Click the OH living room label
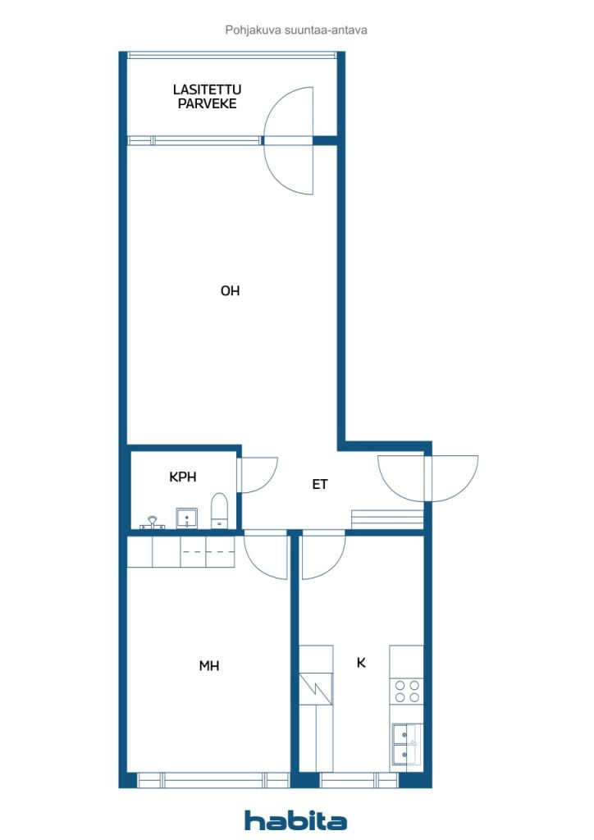230,291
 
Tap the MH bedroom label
209,666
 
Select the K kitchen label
361,663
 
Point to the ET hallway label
320,484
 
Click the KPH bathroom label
183,477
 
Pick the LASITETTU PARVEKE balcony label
208,97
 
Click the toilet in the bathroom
219,511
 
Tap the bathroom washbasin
186,518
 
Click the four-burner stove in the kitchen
407,691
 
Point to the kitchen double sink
406,745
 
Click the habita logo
295,820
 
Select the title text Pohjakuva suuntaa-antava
296,30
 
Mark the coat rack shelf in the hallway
387,519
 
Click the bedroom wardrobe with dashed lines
181,552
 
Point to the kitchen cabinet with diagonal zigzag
316,688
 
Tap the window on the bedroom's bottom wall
213,780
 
